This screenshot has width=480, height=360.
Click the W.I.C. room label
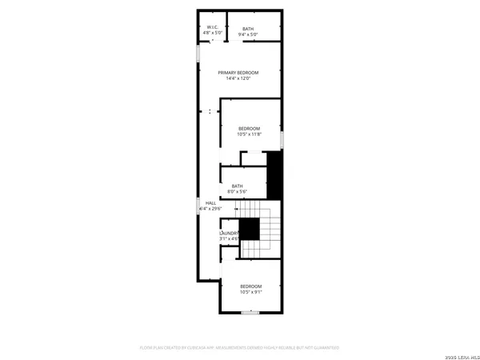tap(212, 28)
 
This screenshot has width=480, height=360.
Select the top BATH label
tap(249, 29)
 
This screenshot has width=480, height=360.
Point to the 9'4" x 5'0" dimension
tap(249, 35)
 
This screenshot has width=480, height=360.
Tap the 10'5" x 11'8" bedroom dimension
tap(249, 134)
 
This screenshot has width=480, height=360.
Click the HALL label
tap(210, 203)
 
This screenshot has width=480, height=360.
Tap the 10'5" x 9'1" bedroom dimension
tap(250, 292)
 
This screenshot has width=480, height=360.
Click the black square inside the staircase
tap(250, 229)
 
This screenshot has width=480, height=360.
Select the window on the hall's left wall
tap(198, 205)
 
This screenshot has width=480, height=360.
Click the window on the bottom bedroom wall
tap(250, 312)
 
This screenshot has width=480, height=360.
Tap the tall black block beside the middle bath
tap(275, 174)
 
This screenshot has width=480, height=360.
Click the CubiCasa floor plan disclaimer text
tap(240, 348)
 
